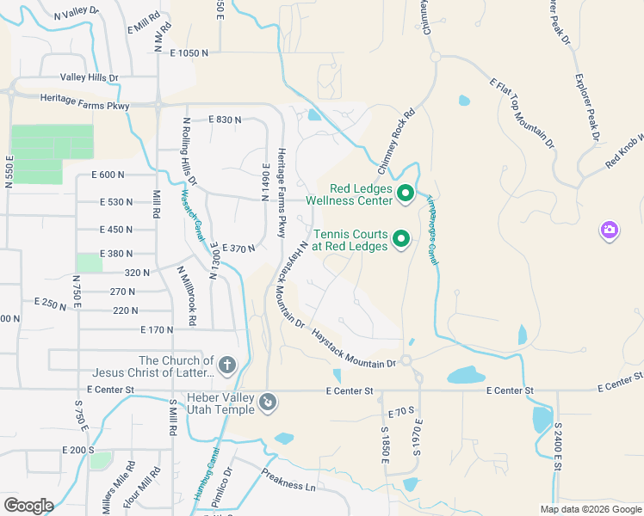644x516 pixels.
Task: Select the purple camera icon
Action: coord(610,230)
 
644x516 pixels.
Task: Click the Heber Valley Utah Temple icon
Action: coord(268,402)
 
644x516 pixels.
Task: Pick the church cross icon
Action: coord(227,365)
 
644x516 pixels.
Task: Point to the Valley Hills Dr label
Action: coord(90,77)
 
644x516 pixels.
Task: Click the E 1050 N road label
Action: coord(189,53)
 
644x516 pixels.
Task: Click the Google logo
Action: coord(28,505)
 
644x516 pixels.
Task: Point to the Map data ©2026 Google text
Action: coord(590,509)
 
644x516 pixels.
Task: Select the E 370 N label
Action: coord(238,249)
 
